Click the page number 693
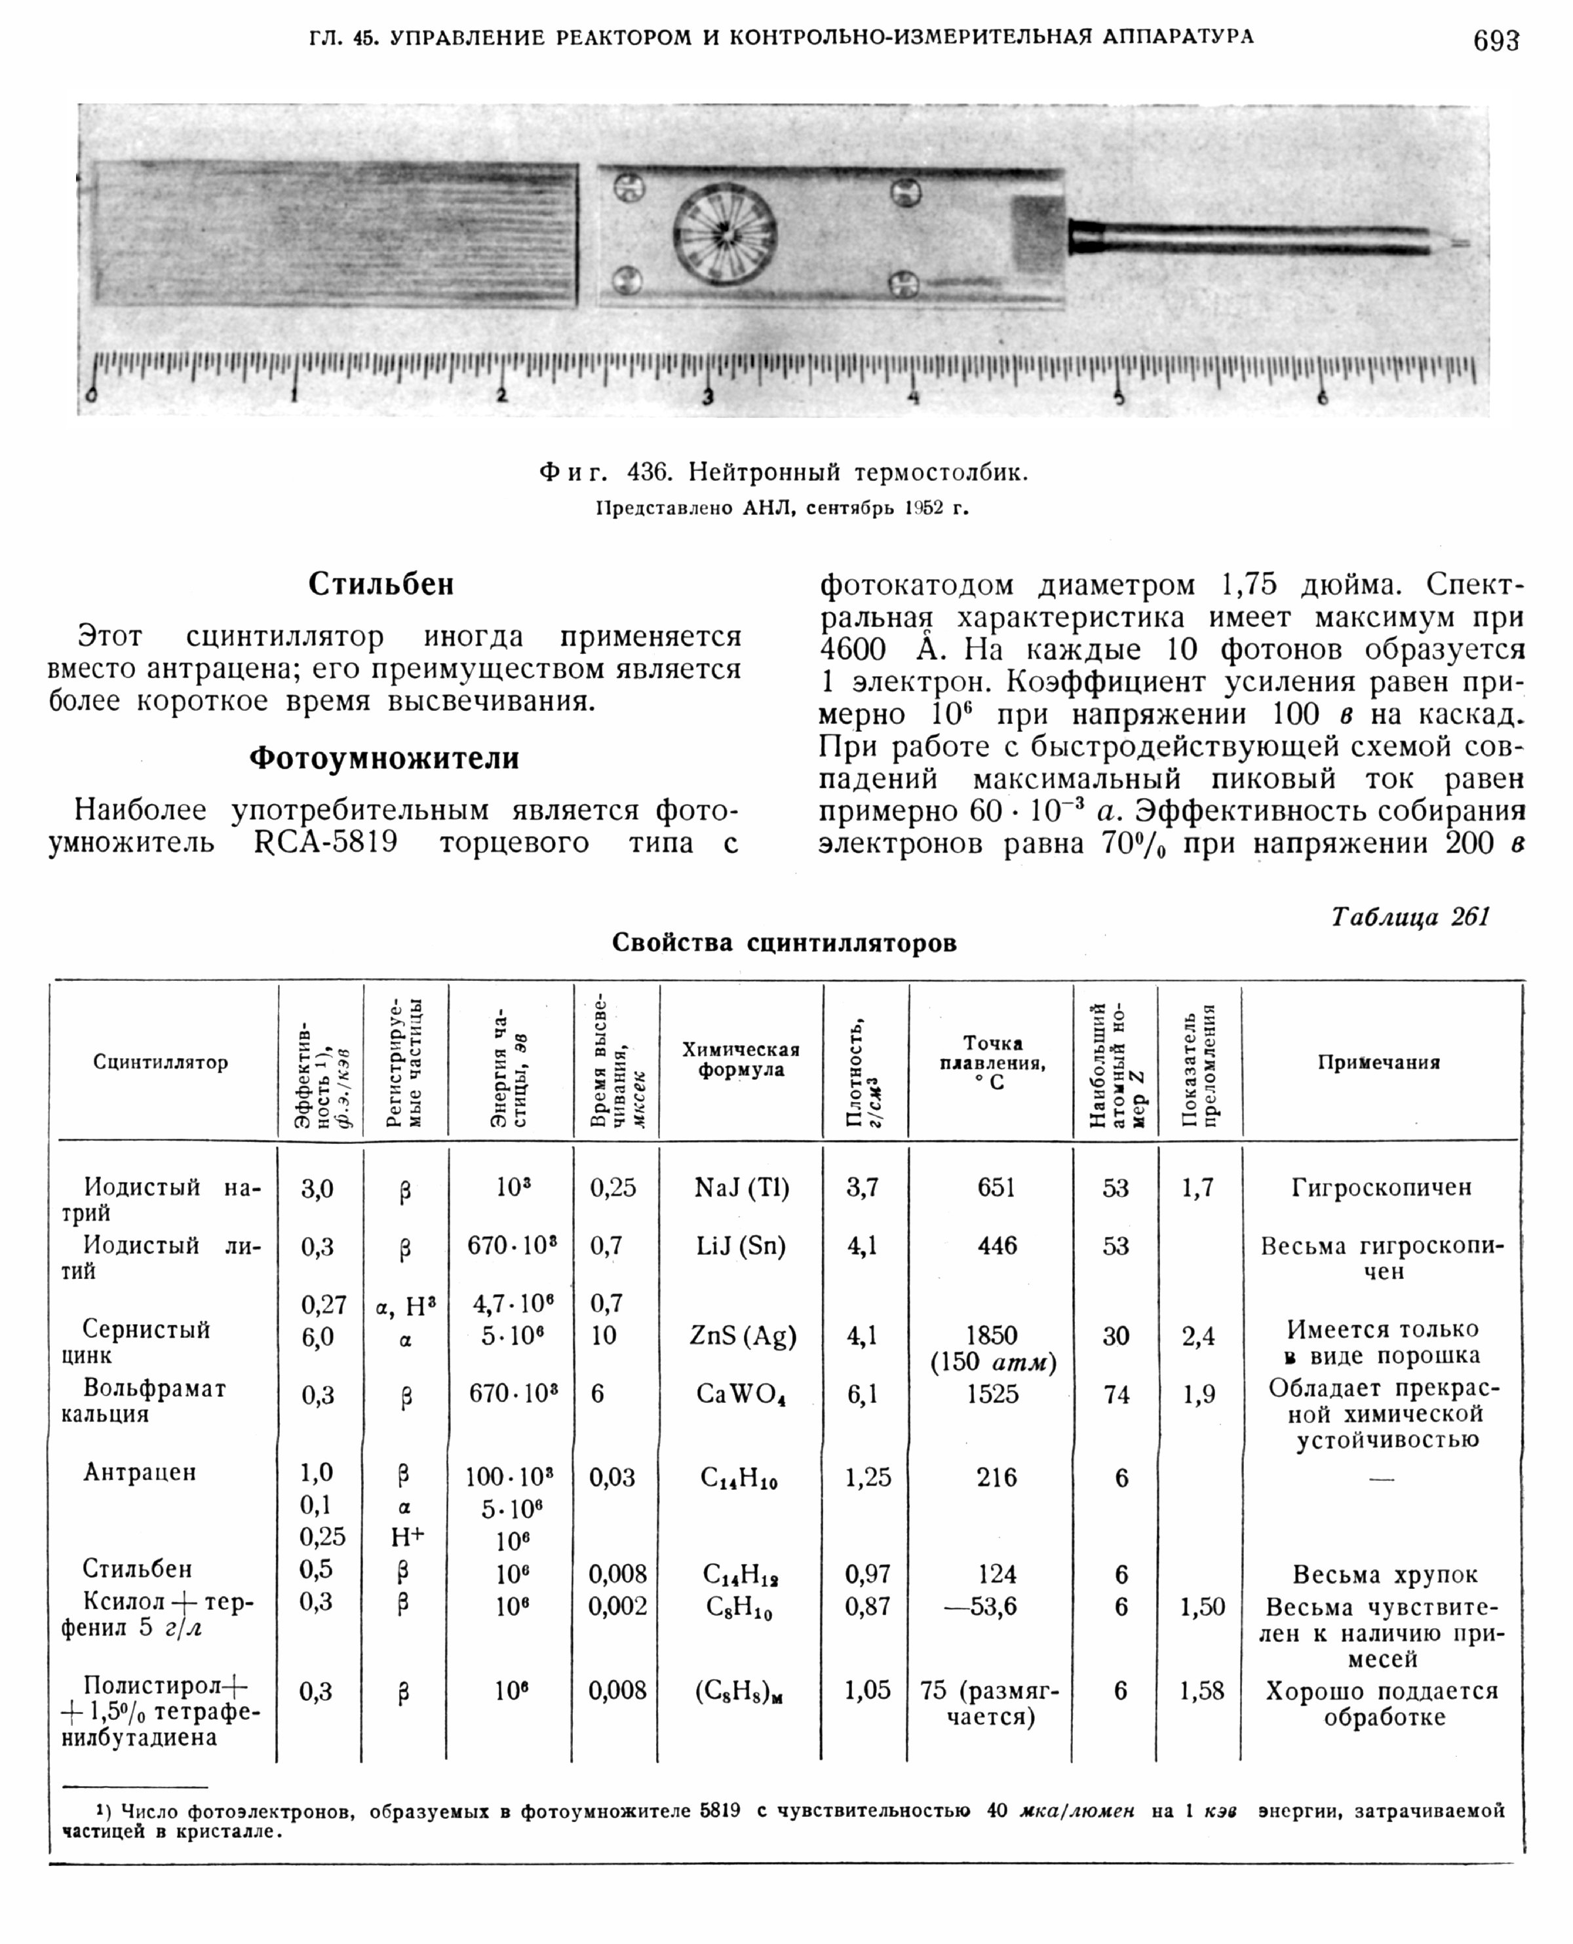(1495, 40)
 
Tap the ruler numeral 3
(709, 396)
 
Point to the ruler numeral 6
(1323, 396)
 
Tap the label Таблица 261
(1410, 917)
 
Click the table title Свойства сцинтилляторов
(784, 943)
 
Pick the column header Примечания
(1378, 1063)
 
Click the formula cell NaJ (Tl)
(741, 1188)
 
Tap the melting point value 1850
(992, 1335)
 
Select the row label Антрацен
(140, 1472)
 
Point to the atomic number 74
(1116, 1395)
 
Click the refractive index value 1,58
(1201, 1690)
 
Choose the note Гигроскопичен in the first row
(1381, 1188)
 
